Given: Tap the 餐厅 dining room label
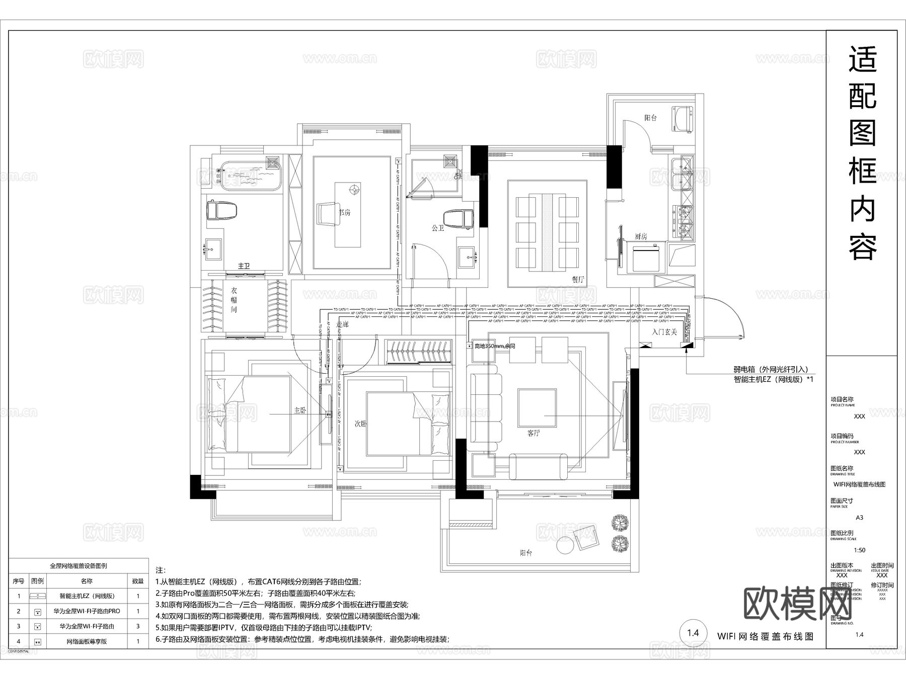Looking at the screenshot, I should [x=578, y=280].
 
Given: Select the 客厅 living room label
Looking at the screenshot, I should [x=534, y=433].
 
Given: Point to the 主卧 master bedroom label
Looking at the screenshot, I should [x=300, y=410].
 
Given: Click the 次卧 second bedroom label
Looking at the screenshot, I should [x=360, y=424].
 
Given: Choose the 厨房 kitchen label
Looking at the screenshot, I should [x=640, y=236].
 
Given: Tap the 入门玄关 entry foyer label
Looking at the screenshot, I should [x=664, y=332].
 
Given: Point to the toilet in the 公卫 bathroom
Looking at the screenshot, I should [x=458, y=219].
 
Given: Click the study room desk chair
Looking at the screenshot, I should [x=327, y=213].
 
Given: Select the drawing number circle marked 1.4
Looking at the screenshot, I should [x=693, y=633].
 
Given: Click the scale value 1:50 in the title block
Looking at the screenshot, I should [x=859, y=550].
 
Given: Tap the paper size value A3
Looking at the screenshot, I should [x=859, y=518].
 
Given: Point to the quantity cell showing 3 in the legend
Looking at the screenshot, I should [x=137, y=626].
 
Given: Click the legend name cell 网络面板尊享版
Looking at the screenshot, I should [x=87, y=641].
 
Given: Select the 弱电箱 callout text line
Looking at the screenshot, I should [x=770, y=370].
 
